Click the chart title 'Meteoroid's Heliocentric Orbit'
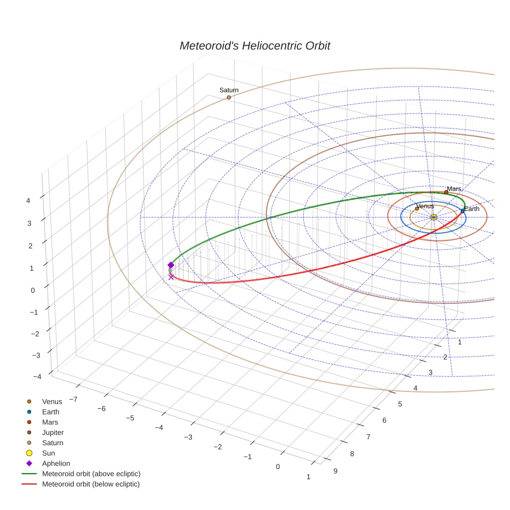[x=254, y=46]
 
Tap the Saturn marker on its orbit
[x=229, y=97]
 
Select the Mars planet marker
[x=446, y=192]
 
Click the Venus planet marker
[x=417, y=209]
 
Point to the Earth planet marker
[x=462, y=211]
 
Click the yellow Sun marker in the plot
[x=433, y=217]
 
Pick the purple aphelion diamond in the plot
[x=171, y=265]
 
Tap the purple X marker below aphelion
[x=171, y=277]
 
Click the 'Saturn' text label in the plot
[x=229, y=90]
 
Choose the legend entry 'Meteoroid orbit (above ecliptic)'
[x=91, y=474]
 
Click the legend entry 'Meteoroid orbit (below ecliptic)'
[x=91, y=484]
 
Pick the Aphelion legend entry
[x=56, y=463]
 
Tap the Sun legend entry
[x=49, y=453]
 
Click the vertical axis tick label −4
[x=37, y=377]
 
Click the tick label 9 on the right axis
[x=335, y=471]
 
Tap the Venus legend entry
[x=52, y=401]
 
